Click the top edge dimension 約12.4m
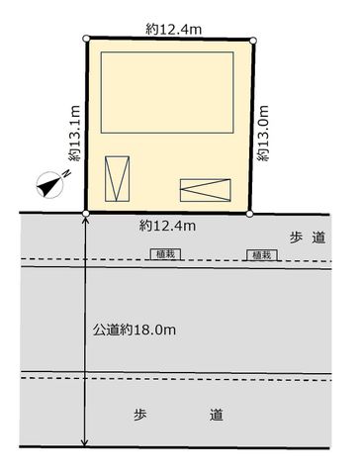click(173, 30)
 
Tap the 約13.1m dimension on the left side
click(74, 134)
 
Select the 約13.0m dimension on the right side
click(263, 134)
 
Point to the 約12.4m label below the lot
click(167, 226)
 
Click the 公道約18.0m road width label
click(135, 330)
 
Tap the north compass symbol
click(51, 185)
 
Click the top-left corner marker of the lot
click(86, 39)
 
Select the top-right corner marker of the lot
click(253, 41)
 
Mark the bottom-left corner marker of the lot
click(86, 214)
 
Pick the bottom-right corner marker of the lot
click(249, 214)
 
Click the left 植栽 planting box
click(166, 254)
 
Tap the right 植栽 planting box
click(262, 255)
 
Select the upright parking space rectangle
click(117, 179)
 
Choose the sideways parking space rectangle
click(206, 190)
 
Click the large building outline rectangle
click(167, 92)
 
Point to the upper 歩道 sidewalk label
click(308, 237)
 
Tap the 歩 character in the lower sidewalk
click(140, 415)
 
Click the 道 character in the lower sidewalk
click(217, 415)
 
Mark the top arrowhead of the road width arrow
click(85, 220)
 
